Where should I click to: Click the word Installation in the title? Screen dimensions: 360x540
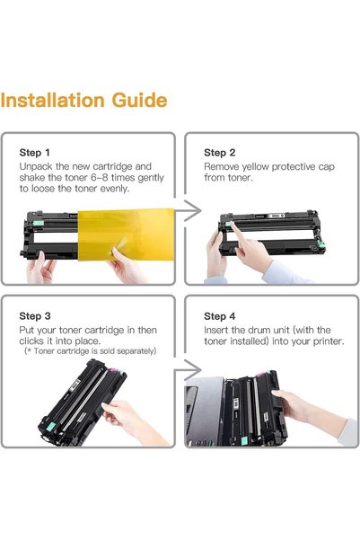[52, 101]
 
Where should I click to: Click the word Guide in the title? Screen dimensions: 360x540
[140, 101]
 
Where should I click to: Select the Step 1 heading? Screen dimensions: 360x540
[35, 153]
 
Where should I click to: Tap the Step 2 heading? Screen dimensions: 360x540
[220, 153]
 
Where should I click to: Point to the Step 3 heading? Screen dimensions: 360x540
[35, 315]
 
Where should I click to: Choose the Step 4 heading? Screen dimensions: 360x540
[220, 315]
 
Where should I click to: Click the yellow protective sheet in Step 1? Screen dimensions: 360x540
[126, 235]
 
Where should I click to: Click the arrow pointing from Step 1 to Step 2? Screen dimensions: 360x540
[189, 210]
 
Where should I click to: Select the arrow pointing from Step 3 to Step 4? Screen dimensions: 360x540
[189, 370]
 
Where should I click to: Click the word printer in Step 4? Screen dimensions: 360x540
[328, 341]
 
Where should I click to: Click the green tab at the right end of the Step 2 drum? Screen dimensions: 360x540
[321, 244]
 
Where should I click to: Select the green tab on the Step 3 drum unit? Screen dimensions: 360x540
[50, 427]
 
